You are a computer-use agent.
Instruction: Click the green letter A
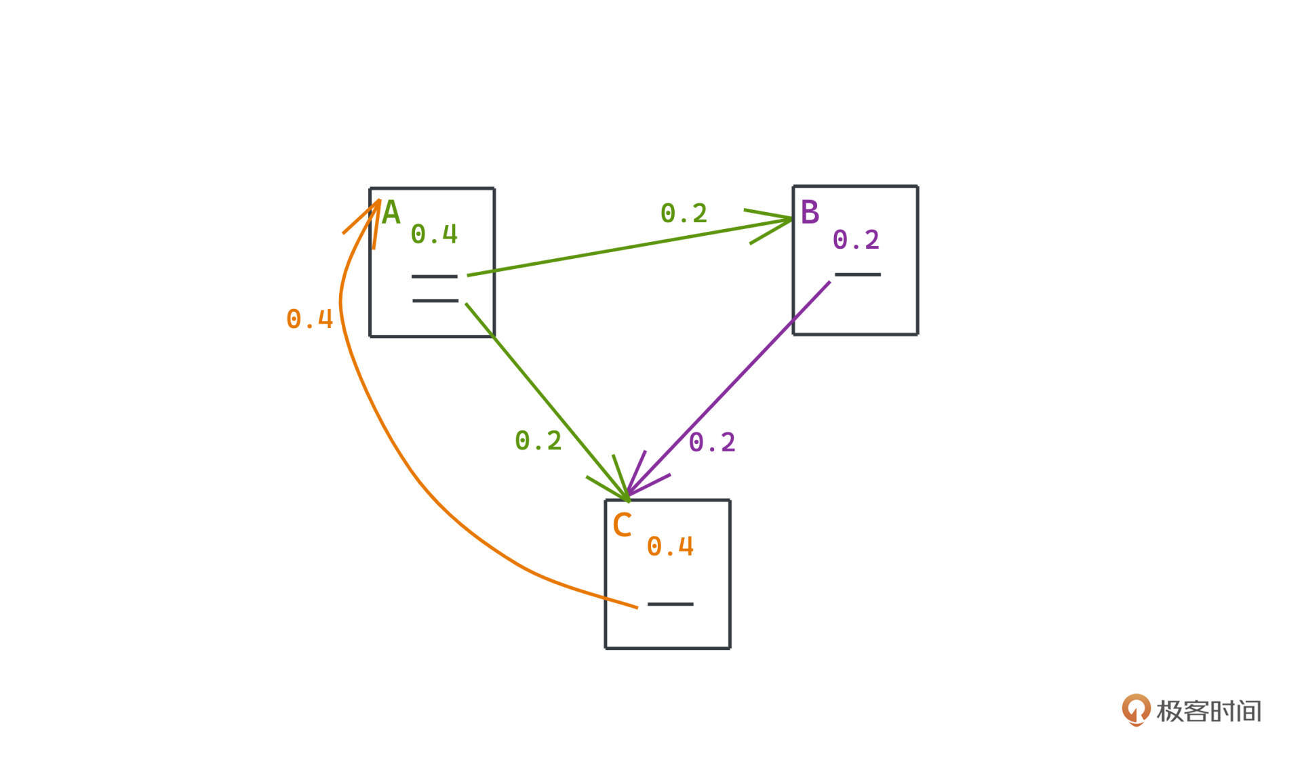pyautogui.click(x=391, y=213)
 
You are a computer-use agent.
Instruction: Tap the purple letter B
pyautogui.click(x=810, y=212)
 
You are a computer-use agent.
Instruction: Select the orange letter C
pyautogui.click(x=622, y=525)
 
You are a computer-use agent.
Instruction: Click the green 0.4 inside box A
pyautogui.click(x=434, y=234)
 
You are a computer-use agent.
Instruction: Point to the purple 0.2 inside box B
pyautogui.click(x=856, y=240)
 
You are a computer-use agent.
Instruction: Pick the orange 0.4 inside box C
pyautogui.click(x=670, y=547)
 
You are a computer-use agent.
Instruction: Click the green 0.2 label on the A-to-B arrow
pyautogui.click(x=684, y=213)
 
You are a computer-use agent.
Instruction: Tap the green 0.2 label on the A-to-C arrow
pyautogui.click(x=538, y=441)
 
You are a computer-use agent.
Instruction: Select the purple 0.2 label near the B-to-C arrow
pyautogui.click(x=712, y=443)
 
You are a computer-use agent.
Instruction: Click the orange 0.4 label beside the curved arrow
pyautogui.click(x=310, y=319)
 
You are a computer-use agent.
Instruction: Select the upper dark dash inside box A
pyautogui.click(x=434, y=277)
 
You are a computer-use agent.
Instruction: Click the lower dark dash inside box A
pyautogui.click(x=435, y=300)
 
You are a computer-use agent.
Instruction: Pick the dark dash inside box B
pyautogui.click(x=857, y=274)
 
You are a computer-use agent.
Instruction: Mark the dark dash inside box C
pyautogui.click(x=670, y=604)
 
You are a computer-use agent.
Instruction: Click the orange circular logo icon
pyautogui.click(x=1136, y=710)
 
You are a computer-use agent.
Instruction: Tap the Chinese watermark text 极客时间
pyautogui.click(x=1208, y=711)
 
